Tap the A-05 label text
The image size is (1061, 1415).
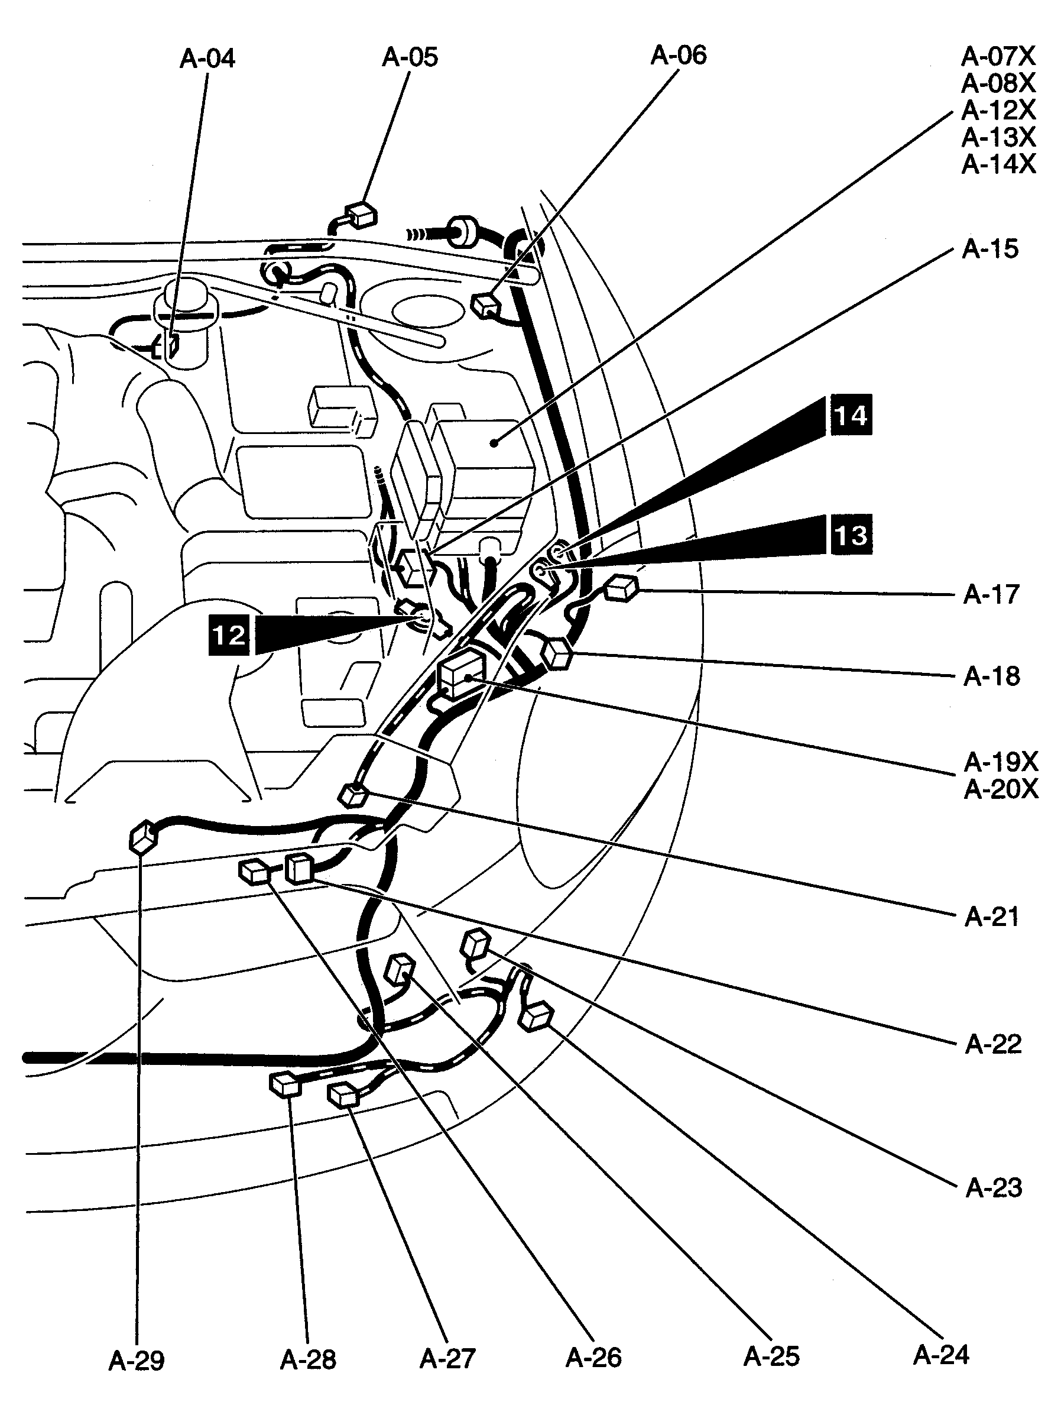(410, 57)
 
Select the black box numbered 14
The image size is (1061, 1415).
(851, 416)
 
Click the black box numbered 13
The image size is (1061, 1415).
(851, 535)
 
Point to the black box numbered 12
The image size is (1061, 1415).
(229, 634)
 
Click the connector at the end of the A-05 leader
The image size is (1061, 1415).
(361, 216)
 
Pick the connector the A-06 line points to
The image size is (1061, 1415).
(486, 305)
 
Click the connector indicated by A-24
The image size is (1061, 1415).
(535, 1016)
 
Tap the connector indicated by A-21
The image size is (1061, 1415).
(352, 795)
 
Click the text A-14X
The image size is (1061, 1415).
(998, 165)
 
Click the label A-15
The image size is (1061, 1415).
(989, 250)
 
